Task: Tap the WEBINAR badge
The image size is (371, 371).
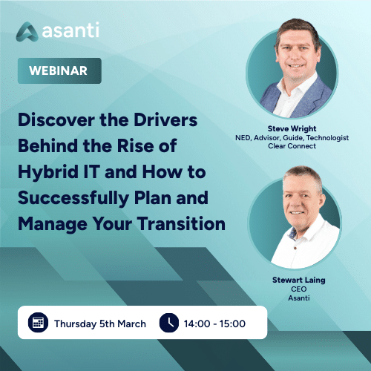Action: coord(59,71)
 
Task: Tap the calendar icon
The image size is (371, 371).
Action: coord(37,323)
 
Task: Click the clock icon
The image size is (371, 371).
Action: coord(169,323)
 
